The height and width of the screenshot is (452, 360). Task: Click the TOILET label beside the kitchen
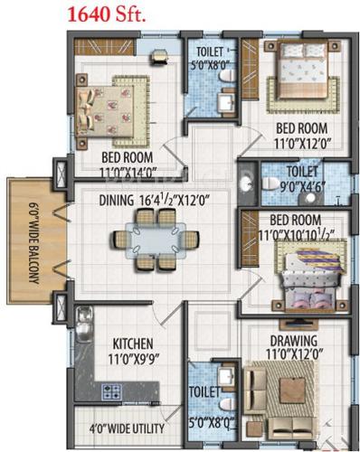[x=204, y=394]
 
